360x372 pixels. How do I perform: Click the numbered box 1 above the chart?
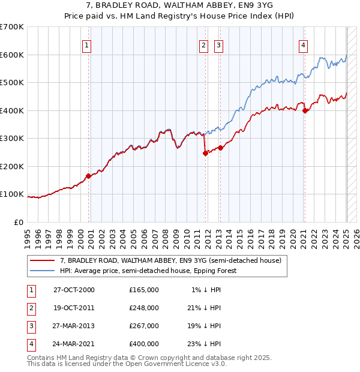(87, 45)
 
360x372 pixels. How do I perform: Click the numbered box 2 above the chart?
(203, 45)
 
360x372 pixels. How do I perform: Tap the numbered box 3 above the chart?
(218, 45)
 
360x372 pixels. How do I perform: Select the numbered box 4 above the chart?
(304, 45)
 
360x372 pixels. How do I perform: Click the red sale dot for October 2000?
(88, 176)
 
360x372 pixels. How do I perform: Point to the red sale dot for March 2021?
(305, 110)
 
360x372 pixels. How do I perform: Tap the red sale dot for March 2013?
(220, 148)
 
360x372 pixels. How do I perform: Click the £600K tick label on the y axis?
(12, 55)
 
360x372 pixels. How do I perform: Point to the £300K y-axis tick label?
(12, 139)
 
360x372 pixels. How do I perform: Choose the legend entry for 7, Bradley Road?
(170, 260)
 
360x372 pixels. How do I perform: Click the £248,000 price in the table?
(144, 308)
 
